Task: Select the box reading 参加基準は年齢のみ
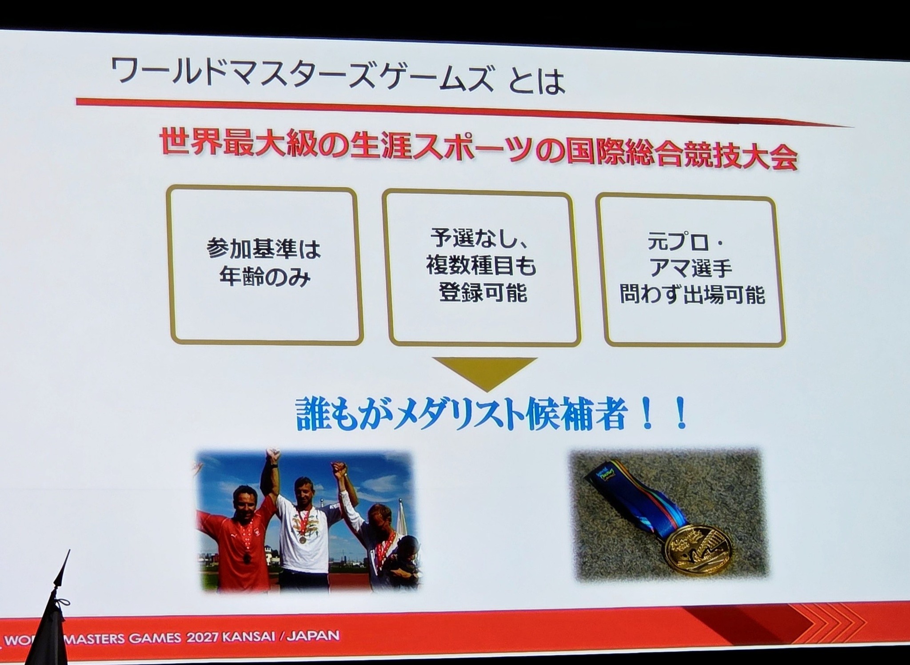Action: pyautogui.click(x=265, y=265)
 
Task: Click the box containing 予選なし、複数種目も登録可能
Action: pyautogui.click(x=482, y=269)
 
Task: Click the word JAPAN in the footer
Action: pyautogui.click(x=313, y=637)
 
